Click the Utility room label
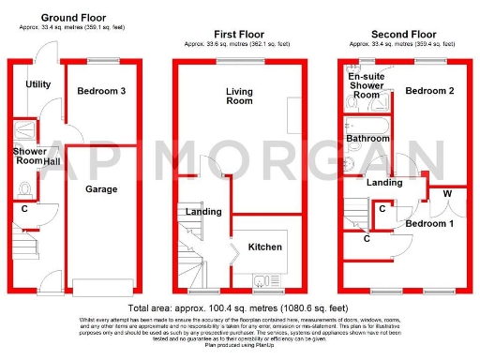pos(38,84)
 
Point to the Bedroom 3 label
pos(102,90)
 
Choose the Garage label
pos(101,188)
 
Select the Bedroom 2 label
pos(430,91)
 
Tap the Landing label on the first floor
pos(202,212)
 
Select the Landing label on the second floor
pos(384,183)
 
